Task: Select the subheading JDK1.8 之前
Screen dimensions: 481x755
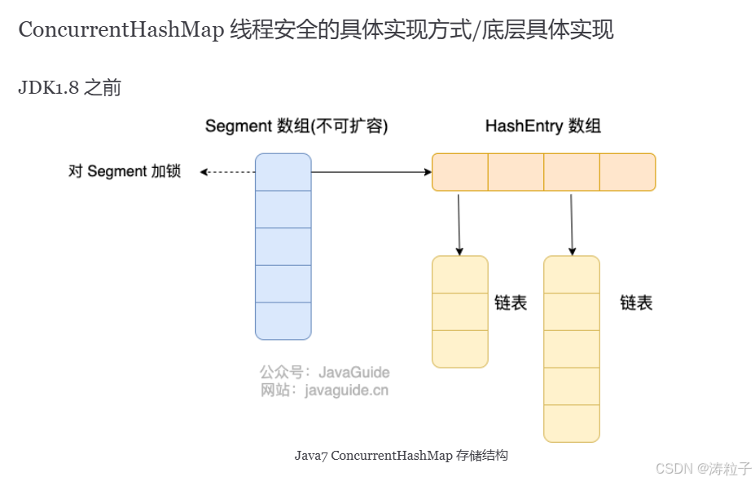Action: pos(69,88)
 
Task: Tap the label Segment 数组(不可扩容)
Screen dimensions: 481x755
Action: pos(296,126)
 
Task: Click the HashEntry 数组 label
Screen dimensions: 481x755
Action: pos(543,126)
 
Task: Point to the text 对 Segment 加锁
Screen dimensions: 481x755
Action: pos(124,172)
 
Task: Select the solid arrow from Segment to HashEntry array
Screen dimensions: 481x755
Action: pos(371,172)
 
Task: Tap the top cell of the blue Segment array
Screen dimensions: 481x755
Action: pos(283,172)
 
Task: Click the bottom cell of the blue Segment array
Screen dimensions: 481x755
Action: pos(283,320)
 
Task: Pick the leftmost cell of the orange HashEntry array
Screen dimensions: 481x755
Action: pos(459,172)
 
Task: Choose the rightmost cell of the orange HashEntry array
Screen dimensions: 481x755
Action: pos(627,172)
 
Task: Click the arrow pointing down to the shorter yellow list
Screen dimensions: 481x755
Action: pos(459,223)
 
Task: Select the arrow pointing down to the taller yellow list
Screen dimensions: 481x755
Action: pos(572,223)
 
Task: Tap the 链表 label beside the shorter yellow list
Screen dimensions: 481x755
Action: pos(511,303)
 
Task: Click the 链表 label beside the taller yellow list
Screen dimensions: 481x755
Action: pos(636,303)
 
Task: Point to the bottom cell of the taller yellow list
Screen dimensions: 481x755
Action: pos(572,423)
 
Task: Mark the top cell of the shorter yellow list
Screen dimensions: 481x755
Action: pos(459,275)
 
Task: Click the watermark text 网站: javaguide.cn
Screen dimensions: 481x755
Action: pos(324,391)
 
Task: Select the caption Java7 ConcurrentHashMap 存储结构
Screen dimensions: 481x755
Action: pos(401,456)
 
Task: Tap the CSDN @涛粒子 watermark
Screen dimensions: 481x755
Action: pos(703,469)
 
